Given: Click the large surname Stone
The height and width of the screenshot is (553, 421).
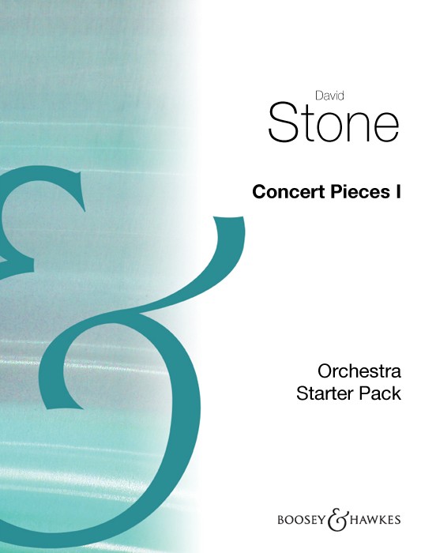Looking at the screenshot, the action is (334, 122).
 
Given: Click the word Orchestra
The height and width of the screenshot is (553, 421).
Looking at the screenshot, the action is (359, 371).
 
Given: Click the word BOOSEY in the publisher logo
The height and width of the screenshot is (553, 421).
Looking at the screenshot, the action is (301, 520).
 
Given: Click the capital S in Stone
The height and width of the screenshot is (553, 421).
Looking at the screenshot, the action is (282, 122).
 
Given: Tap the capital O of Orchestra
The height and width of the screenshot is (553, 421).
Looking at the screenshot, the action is (325, 371).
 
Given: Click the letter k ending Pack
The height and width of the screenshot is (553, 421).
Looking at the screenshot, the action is (397, 393).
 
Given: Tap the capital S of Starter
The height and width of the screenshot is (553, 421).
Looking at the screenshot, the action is (302, 393).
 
